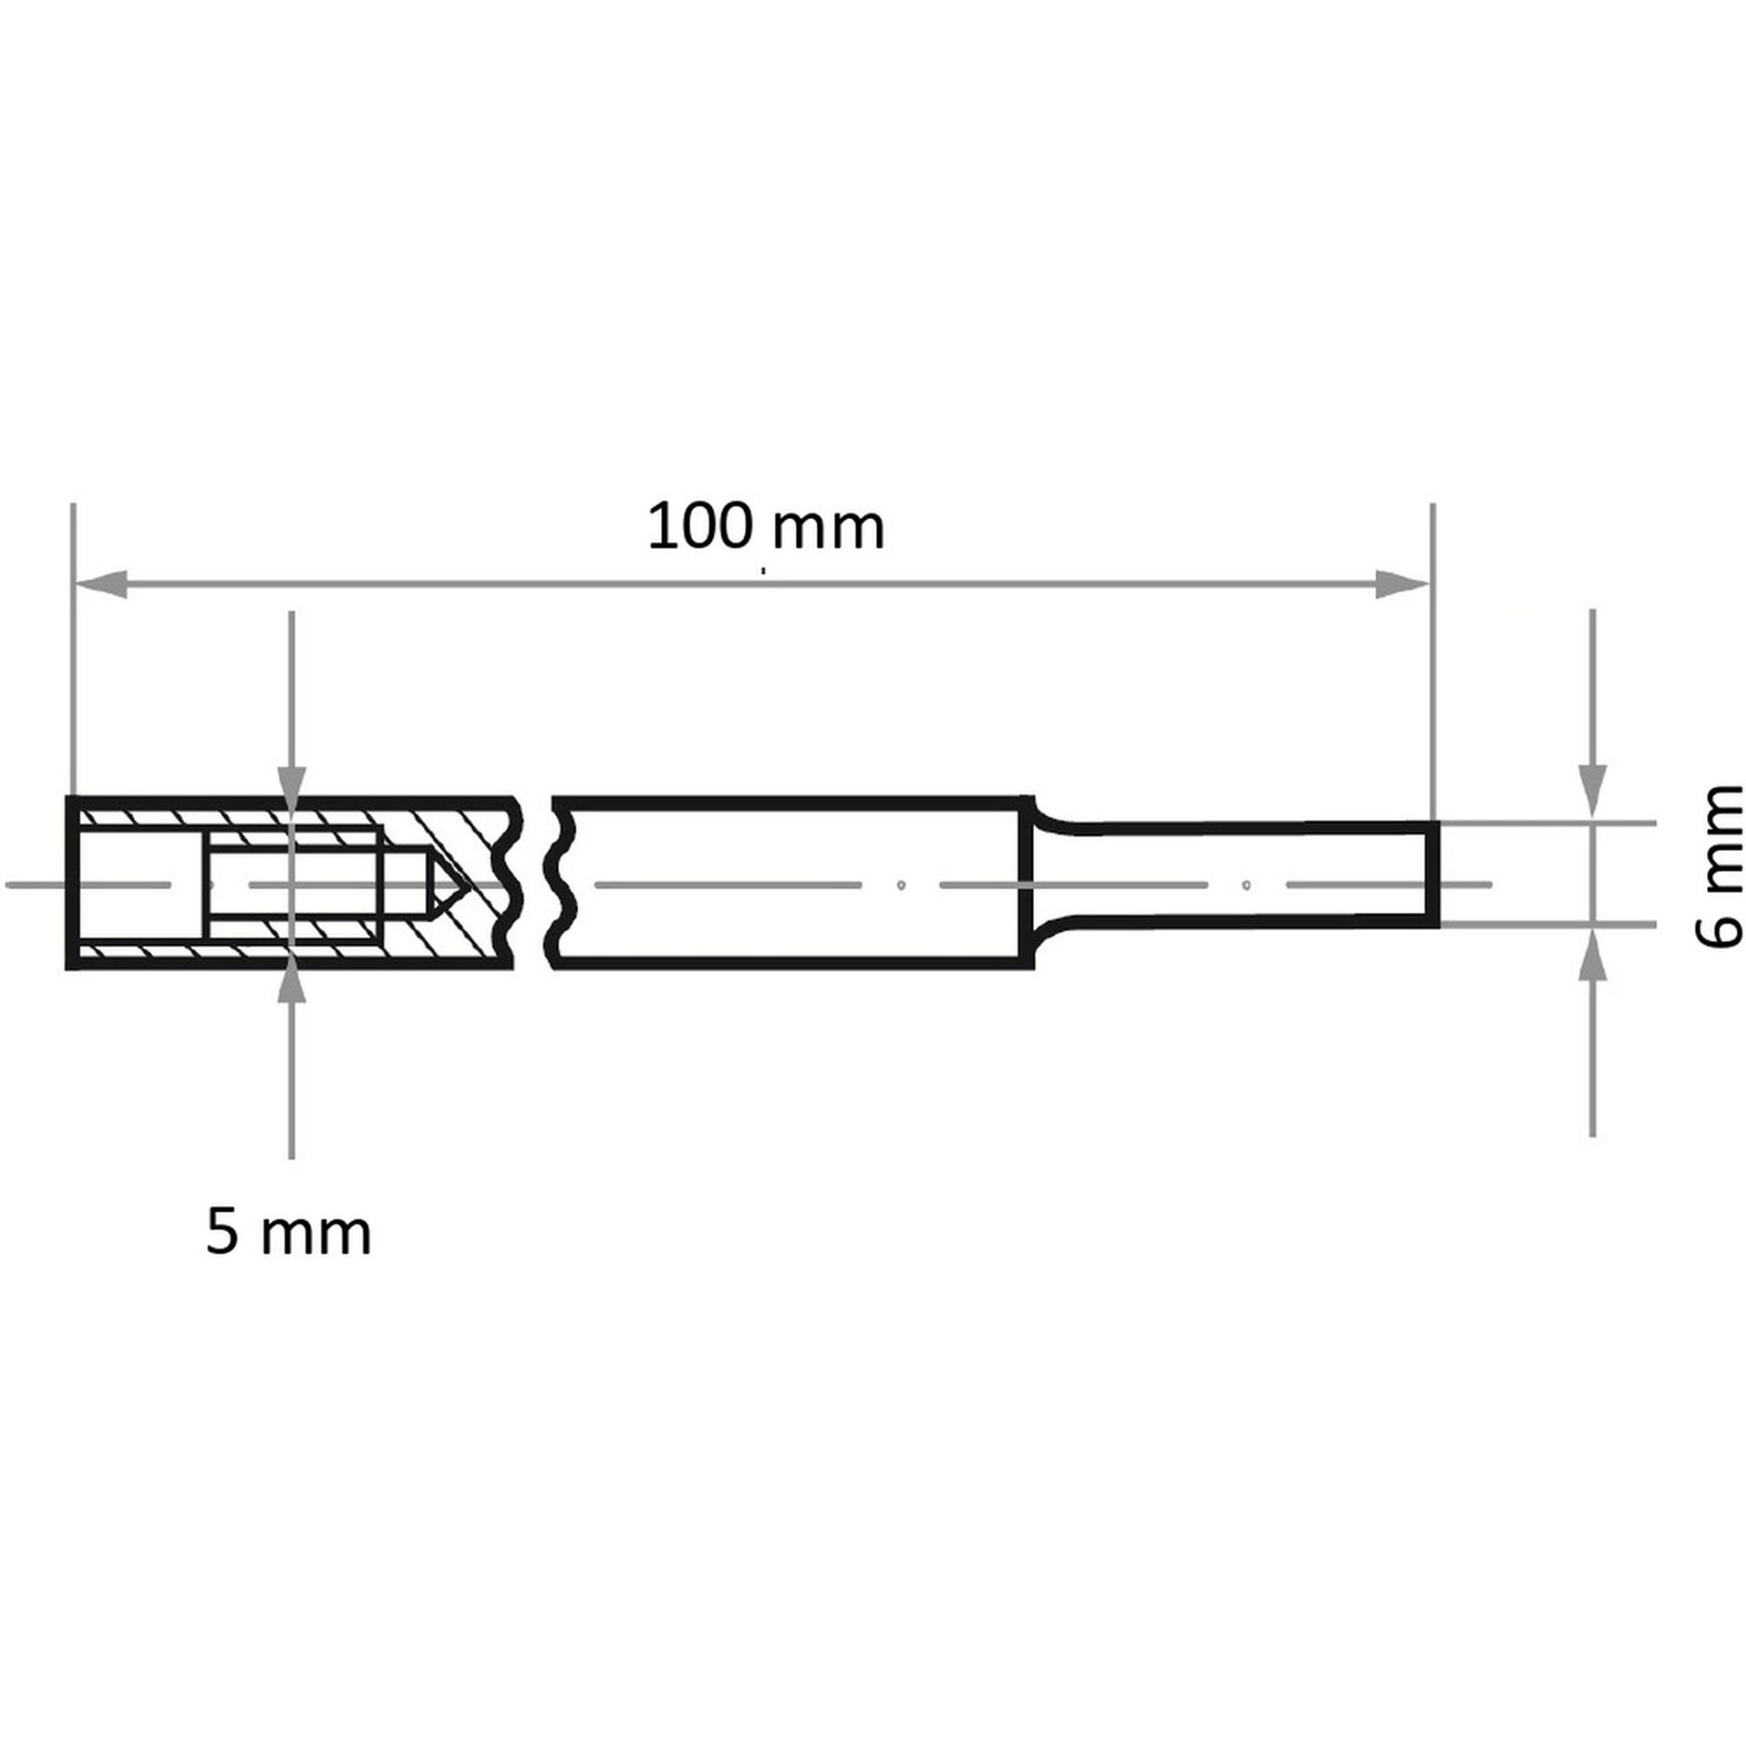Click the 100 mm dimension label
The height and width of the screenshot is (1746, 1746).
click(x=766, y=528)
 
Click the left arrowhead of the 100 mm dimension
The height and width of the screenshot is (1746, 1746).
click(x=100, y=584)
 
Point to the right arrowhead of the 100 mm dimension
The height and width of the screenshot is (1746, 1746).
click(x=1402, y=584)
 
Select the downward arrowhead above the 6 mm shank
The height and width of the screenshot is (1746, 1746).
click(x=1591, y=793)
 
